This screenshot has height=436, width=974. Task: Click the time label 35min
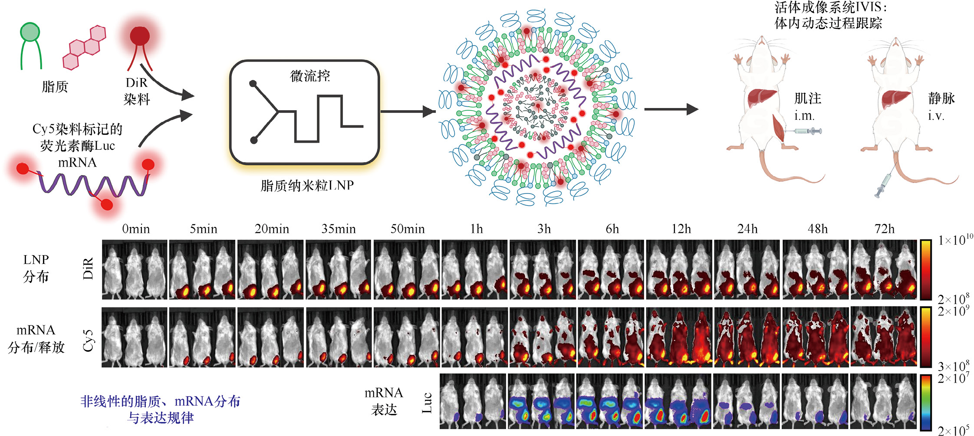(x=338, y=229)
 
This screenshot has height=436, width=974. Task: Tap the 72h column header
(x=884, y=229)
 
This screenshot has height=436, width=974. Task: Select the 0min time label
(x=136, y=229)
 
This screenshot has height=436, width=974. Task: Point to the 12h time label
(x=681, y=229)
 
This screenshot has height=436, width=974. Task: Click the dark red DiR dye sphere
(x=140, y=36)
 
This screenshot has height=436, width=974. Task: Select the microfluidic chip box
(x=304, y=112)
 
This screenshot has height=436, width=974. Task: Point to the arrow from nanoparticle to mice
(x=671, y=109)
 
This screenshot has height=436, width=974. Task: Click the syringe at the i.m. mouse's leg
(x=808, y=131)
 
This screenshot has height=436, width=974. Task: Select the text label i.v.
(x=936, y=116)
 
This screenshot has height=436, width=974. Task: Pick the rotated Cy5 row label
(x=88, y=340)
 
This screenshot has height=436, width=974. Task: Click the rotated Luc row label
(x=427, y=402)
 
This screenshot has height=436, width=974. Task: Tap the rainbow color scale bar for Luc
(x=926, y=402)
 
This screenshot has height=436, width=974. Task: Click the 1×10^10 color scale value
(x=955, y=239)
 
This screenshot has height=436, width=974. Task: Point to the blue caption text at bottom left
(x=160, y=409)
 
